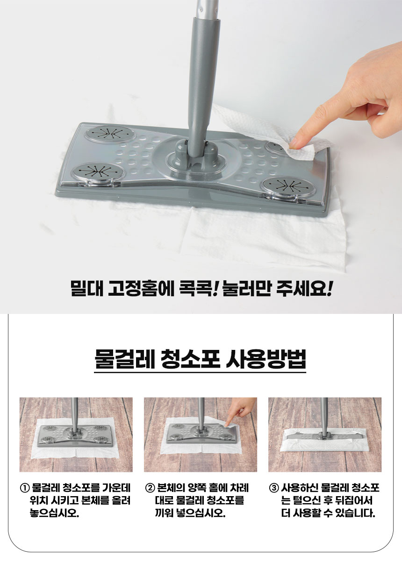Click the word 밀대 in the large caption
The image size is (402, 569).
86,289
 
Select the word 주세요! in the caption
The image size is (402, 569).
304,289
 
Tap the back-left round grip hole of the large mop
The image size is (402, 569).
110,134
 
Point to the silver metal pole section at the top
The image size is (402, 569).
206,8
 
